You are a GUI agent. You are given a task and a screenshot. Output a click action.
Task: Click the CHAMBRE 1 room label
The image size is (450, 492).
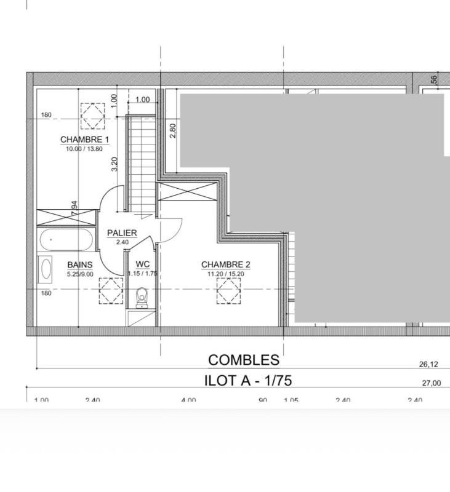point(84,140)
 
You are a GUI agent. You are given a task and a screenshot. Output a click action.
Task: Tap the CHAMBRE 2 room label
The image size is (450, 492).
point(226,265)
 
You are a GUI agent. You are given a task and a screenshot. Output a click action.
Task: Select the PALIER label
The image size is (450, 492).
point(122,233)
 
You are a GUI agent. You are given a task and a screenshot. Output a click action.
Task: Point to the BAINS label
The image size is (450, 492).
point(80,265)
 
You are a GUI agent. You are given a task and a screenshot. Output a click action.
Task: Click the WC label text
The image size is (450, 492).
point(143,265)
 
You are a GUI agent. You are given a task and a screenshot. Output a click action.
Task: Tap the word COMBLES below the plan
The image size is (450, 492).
point(243,360)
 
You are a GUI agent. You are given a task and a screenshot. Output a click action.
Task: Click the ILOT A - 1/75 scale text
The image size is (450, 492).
point(247,381)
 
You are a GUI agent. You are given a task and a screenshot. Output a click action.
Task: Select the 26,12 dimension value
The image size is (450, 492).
point(428,365)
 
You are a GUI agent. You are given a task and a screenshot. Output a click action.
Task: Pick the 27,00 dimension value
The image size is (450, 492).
point(431,384)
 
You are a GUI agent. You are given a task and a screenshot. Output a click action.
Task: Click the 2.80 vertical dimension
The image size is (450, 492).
point(173,130)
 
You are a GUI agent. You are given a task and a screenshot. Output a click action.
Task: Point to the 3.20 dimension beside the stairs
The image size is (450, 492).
point(115,164)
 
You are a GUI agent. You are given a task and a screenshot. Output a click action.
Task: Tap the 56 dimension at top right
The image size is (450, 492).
point(434,79)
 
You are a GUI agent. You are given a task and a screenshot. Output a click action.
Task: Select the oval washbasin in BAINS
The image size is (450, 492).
point(46,269)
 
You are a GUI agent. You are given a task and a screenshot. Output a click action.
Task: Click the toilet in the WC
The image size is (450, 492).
point(143,298)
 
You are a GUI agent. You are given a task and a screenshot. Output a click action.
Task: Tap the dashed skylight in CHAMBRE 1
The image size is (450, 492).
point(93,115)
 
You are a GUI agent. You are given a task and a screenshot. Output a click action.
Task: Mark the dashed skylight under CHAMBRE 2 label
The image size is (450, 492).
point(228,291)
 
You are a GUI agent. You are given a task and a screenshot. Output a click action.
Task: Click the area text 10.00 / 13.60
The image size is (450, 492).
point(84,148)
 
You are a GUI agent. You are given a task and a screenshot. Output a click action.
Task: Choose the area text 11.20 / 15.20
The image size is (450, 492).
point(225,274)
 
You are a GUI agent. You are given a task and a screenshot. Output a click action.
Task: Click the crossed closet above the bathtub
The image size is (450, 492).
point(66,217)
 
